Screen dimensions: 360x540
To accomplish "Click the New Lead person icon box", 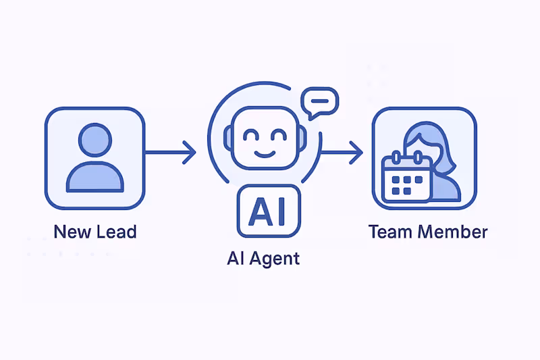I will tap(94, 157).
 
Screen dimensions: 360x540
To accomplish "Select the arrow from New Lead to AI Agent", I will tap(170, 153).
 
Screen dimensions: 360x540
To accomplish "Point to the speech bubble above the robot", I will tap(319, 103).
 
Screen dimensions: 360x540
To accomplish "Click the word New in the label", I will tap(72, 232).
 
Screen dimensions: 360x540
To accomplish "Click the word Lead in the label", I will tap(115, 232).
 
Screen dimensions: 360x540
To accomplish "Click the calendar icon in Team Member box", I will tap(406, 177).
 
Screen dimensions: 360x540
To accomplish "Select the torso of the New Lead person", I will tap(94, 176).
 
